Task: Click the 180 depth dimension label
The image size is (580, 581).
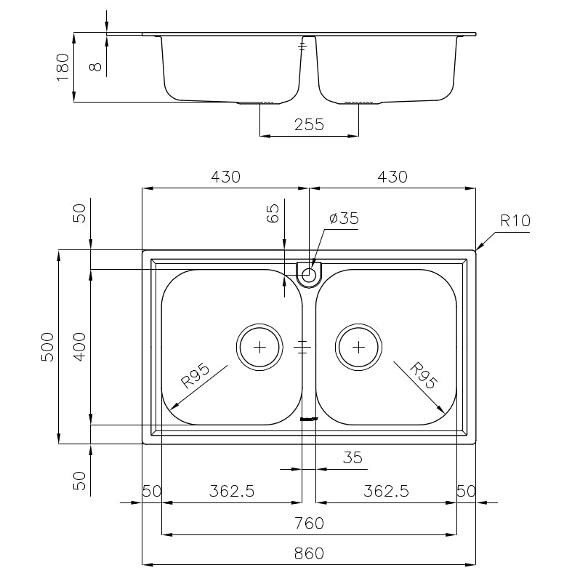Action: tap(63, 67)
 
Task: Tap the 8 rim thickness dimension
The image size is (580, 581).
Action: tap(95, 67)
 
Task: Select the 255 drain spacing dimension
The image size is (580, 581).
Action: tap(309, 124)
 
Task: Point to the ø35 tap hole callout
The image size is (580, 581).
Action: tap(344, 218)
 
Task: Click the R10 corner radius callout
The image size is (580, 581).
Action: tap(515, 221)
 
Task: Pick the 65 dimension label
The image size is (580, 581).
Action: tap(273, 213)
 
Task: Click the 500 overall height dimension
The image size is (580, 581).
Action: tap(48, 347)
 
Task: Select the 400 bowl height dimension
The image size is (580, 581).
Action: tap(79, 347)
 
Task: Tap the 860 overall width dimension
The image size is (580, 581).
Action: tap(309, 553)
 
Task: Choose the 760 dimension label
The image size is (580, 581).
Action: tap(309, 524)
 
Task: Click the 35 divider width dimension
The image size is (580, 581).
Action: tap(353, 458)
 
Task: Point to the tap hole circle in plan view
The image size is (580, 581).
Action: tap(308, 275)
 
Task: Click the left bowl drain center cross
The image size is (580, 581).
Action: tap(259, 347)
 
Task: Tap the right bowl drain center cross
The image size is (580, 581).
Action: tap(358, 347)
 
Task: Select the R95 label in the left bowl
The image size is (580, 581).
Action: tap(195, 376)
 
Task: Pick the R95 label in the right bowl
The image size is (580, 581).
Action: tap(424, 375)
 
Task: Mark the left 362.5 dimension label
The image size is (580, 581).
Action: tap(232, 492)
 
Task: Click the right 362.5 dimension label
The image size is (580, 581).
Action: tap(386, 492)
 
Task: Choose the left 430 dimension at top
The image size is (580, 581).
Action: tap(225, 177)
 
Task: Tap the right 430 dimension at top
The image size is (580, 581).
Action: tap(392, 177)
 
